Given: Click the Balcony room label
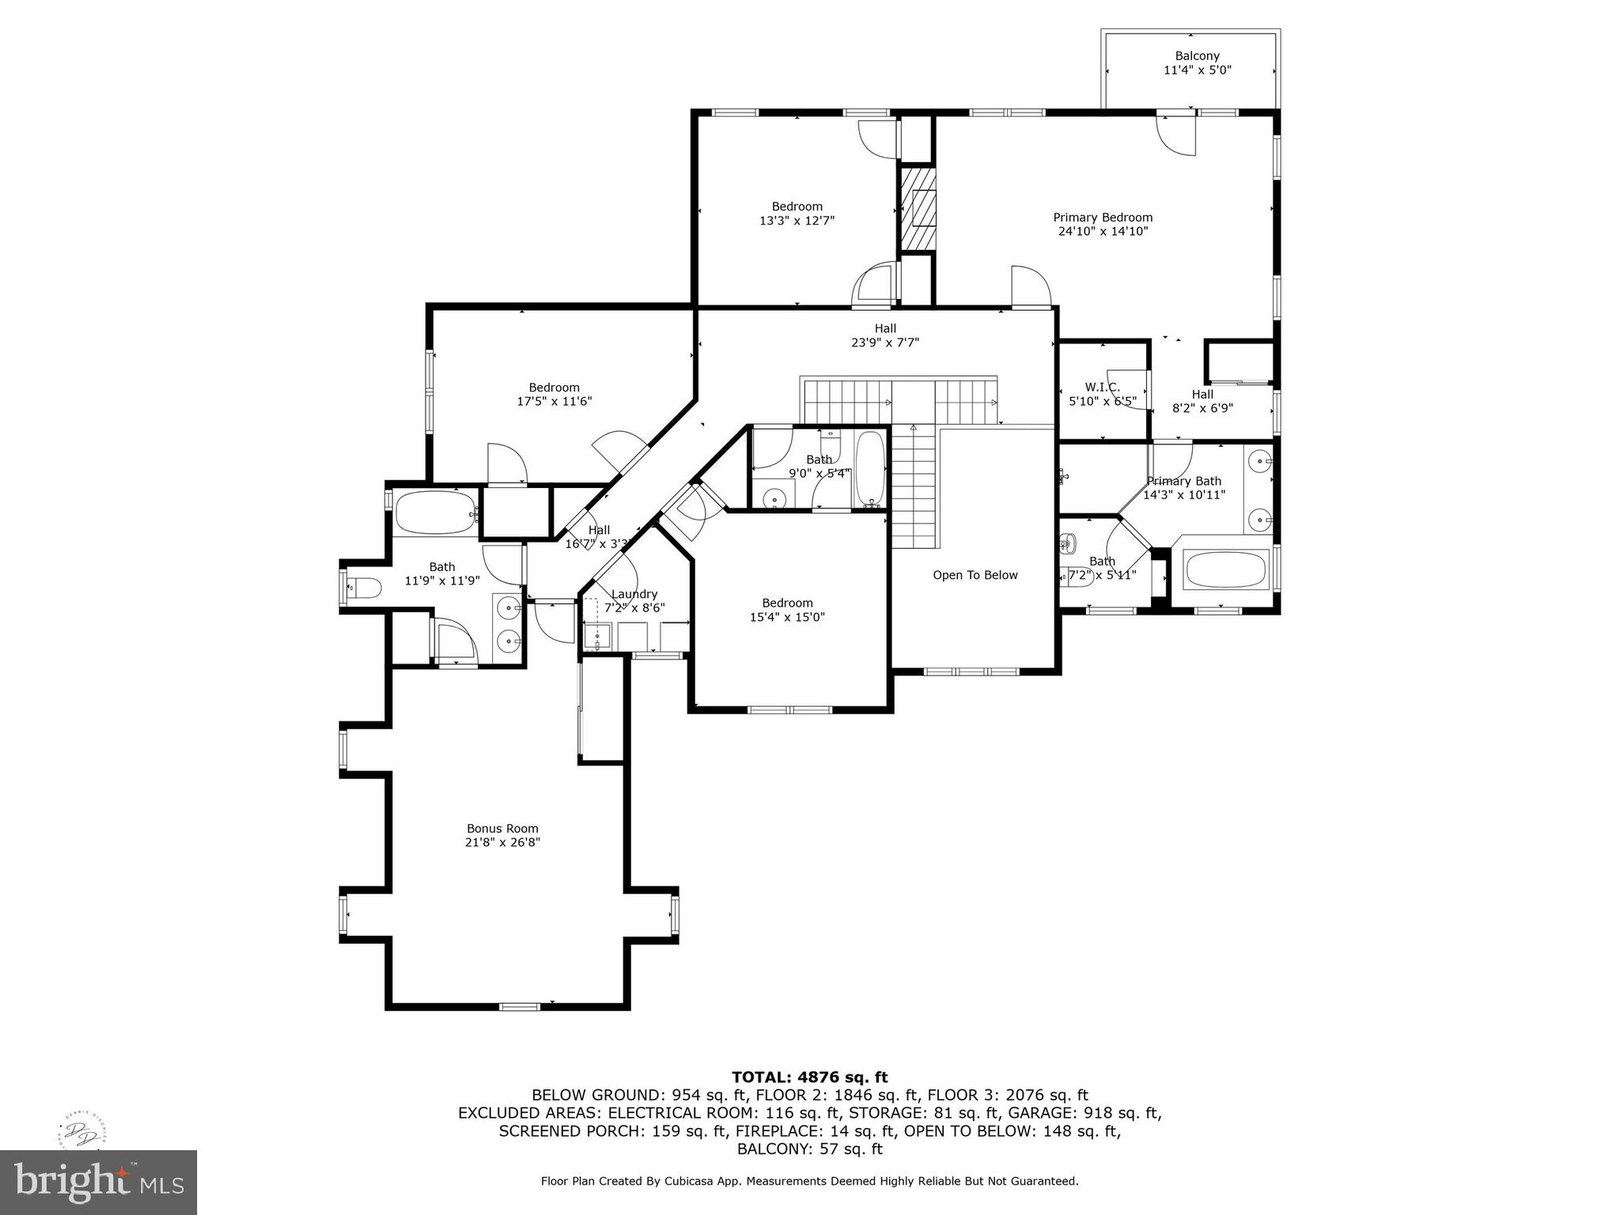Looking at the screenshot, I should coord(1197,56).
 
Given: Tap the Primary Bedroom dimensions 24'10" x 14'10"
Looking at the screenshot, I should coord(1103,232).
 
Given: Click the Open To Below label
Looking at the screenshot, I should coord(975,575).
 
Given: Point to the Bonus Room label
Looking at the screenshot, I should coord(502,828).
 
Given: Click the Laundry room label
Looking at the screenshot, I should coord(634,594).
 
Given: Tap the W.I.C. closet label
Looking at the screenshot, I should coord(1102,387).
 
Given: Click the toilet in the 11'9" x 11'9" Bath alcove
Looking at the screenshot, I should coord(365,588).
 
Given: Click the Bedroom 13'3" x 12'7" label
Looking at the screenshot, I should coord(797,206).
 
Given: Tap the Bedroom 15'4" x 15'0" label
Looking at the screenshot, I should coord(787,603).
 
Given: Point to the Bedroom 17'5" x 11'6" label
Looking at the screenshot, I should coord(554,388).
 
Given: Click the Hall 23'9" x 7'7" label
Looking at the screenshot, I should coord(885,328).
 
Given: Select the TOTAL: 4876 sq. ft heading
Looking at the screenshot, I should coord(809,1077).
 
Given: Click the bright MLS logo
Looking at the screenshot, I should coord(98,1182).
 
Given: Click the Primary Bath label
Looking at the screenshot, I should coord(1184,481).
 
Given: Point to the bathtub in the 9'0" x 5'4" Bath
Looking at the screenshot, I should coord(871,468).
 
